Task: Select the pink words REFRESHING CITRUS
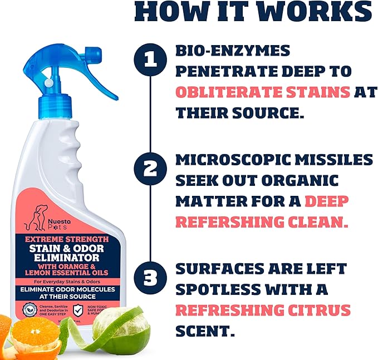(x=263, y=310)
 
